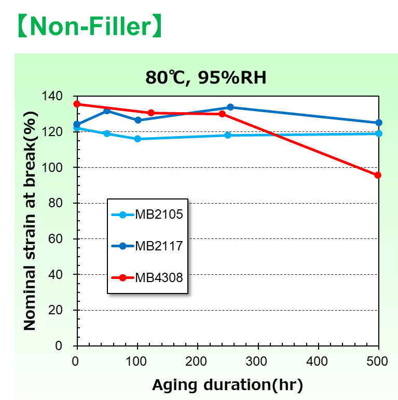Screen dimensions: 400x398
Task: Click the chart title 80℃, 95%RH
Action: click(205, 78)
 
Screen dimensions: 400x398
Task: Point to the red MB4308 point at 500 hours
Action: click(378, 175)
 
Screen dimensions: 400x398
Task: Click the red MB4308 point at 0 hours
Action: click(77, 104)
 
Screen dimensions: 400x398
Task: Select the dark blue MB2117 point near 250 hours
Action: click(230, 107)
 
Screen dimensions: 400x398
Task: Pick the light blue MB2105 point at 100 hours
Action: click(137, 139)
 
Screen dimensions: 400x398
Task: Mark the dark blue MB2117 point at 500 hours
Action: click(378, 123)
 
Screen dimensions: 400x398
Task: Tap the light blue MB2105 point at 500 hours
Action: click(378, 134)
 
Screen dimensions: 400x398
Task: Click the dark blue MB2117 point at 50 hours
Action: click(107, 111)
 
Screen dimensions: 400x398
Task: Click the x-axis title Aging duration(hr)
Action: click(227, 385)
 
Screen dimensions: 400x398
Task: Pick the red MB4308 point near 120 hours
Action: click(151, 113)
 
